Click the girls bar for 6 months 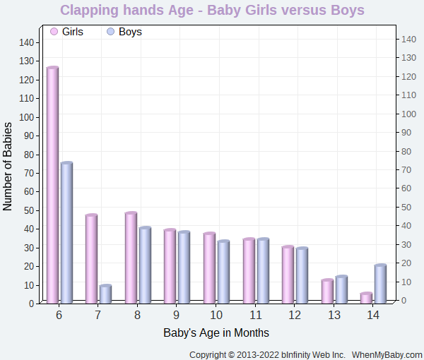pyautogui.click(x=52, y=185)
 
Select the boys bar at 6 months pyautogui.click(x=66, y=233)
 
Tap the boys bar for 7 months pyautogui.click(x=105, y=294)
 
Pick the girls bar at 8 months pyautogui.click(x=131, y=258)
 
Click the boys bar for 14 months pyautogui.click(x=380, y=284)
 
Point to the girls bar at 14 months pyautogui.click(x=366, y=298)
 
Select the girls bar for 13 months pyautogui.click(x=326, y=292)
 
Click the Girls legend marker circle pyautogui.click(x=54, y=32)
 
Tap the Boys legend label pyautogui.click(x=130, y=32)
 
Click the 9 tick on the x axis pyautogui.click(x=176, y=315)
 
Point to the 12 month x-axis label pyautogui.click(x=295, y=315)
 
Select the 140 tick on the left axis pyautogui.click(x=26, y=42)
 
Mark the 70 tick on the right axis pyautogui.click(x=407, y=169)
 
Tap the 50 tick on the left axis pyautogui.click(x=29, y=210)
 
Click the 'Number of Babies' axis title pyautogui.click(x=8, y=167)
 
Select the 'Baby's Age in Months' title pyautogui.click(x=216, y=332)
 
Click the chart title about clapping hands pyautogui.click(x=212, y=11)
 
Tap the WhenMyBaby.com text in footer pyautogui.click(x=387, y=354)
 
